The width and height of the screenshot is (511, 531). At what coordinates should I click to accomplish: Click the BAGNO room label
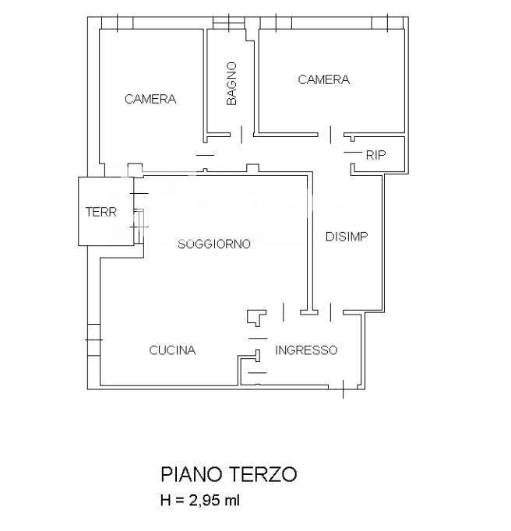pyautogui.click(x=231, y=83)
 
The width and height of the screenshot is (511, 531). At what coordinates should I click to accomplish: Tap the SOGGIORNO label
pyautogui.click(x=214, y=244)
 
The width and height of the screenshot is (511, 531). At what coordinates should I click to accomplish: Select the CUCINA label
pyautogui.click(x=172, y=350)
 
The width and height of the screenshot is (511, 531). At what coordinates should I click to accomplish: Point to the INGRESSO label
pyautogui.click(x=306, y=350)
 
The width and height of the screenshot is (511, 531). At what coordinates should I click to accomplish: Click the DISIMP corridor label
pyautogui.click(x=347, y=237)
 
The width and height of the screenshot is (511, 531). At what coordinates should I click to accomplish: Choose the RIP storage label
pyautogui.click(x=375, y=155)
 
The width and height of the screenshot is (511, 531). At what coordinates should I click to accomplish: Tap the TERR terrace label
pyautogui.click(x=101, y=212)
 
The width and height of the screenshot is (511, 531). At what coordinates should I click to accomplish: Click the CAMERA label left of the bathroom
pyautogui.click(x=150, y=99)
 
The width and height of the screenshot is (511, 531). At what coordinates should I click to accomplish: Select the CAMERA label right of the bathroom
pyautogui.click(x=323, y=79)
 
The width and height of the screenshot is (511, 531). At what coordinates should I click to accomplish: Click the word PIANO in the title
pyautogui.click(x=191, y=474)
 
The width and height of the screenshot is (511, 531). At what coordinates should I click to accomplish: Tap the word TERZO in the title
pyautogui.click(x=263, y=474)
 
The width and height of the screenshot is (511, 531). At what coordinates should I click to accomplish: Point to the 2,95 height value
pyautogui.click(x=204, y=500)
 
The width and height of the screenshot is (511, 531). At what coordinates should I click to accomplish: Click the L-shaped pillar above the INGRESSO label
pyautogui.click(x=256, y=318)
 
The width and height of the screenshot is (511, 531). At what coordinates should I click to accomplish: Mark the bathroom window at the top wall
pyautogui.click(x=229, y=23)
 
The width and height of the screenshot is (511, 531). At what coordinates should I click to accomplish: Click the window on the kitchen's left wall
pyautogui.click(x=93, y=339)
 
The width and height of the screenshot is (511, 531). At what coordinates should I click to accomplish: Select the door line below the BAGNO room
pyautogui.click(x=241, y=135)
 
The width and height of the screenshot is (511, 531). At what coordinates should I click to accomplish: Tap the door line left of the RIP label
pyautogui.click(x=353, y=153)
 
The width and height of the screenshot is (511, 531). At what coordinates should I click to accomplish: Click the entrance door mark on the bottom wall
pyautogui.click(x=344, y=389)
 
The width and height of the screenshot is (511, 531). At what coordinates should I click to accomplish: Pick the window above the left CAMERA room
pyautogui.click(x=118, y=23)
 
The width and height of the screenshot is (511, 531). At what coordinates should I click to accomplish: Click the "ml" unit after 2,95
pyautogui.click(x=232, y=500)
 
